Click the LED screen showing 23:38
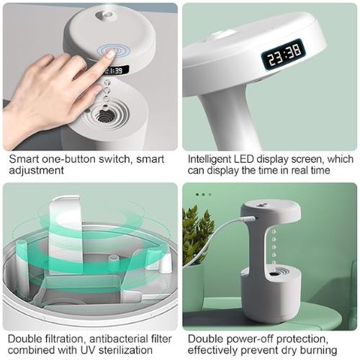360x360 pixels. (x=282, y=54)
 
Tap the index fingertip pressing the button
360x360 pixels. (x=109, y=54)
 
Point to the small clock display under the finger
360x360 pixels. (x=118, y=71)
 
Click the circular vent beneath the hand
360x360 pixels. (x=108, y=114)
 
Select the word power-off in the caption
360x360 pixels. (x=246, y=338)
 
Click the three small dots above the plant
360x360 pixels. (x=204, y=194)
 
